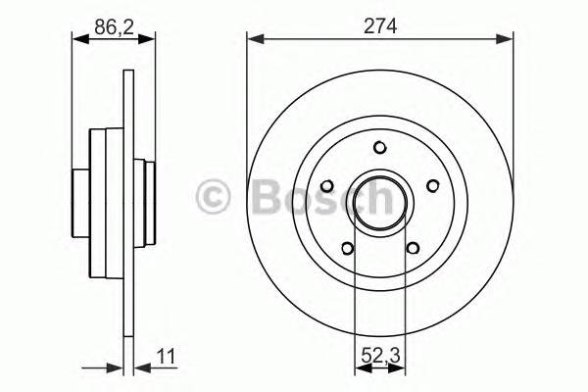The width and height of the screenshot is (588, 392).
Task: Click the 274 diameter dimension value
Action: [x=379, y=27]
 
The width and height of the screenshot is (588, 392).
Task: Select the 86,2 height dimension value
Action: [x=115, y=27]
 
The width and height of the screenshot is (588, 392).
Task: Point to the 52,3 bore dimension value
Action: [x=379, y=356]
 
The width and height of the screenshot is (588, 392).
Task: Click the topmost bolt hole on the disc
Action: [x=380, y=148]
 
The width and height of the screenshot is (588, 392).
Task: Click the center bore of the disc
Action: [x=380, y=202]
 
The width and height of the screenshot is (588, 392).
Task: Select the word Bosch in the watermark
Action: [x=315, y=198]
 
